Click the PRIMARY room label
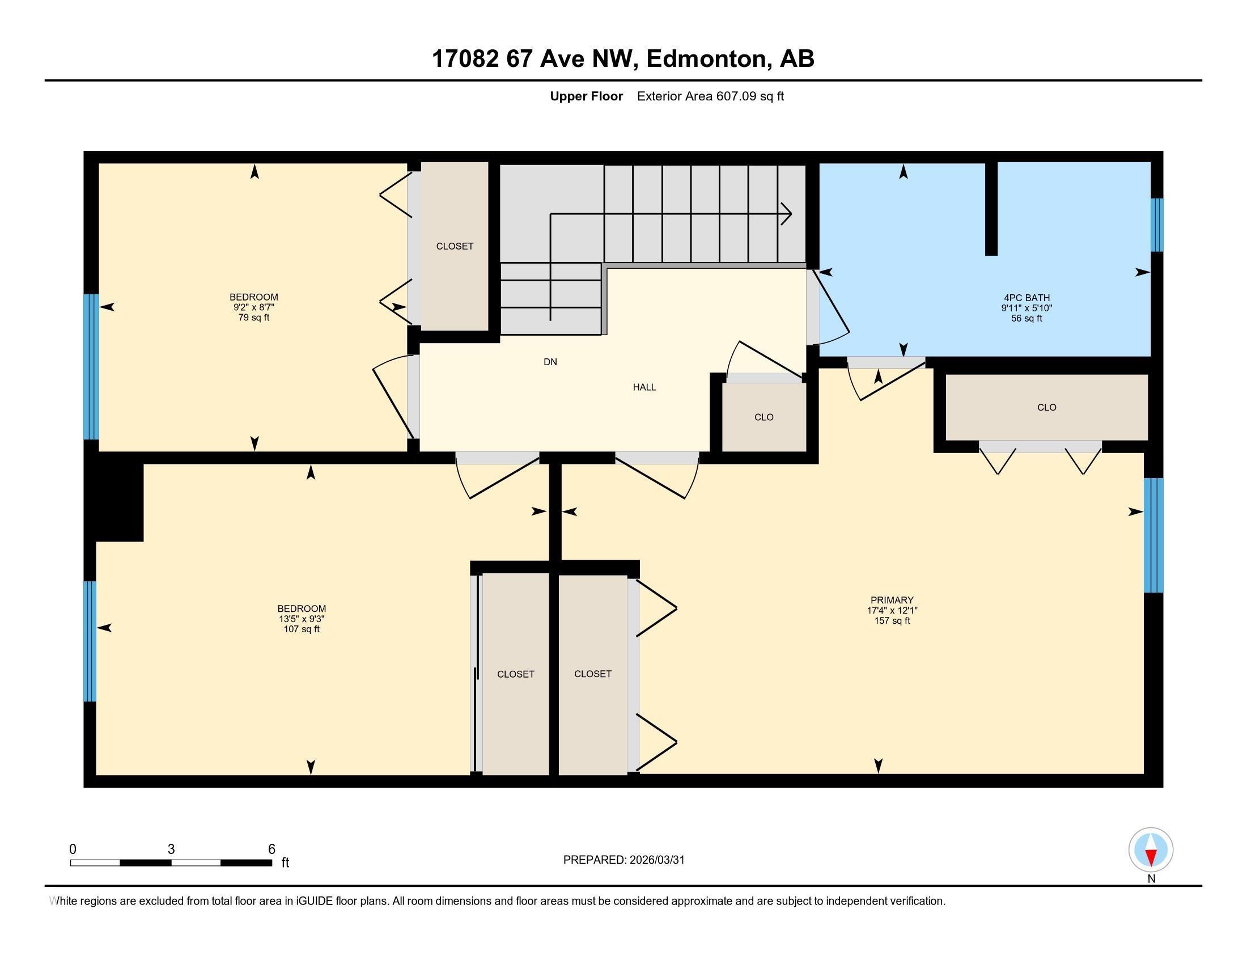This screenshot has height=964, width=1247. [892, 599]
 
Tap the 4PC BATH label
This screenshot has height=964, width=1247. [1027, 298]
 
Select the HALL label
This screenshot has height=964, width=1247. [644, 387]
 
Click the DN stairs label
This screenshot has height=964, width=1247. [550, 362]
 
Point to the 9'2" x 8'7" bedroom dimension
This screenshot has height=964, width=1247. [253, 307]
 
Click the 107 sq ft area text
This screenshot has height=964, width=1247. [302, 629]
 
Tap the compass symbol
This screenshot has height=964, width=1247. [1151, 849]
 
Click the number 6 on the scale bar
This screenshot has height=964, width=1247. [272, 849]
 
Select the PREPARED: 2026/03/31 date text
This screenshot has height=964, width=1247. [623, 860]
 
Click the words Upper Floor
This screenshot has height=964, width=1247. [586, 96]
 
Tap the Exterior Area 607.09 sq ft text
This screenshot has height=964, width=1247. [710, 96]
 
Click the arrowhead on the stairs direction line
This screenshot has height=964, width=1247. [787, 214]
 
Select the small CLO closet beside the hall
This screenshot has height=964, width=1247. [764, 417]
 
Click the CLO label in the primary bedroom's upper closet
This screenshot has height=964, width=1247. [1046, 407]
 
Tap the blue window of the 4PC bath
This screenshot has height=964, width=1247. [1156, 225]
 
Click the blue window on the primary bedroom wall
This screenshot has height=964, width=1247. [1153, 535]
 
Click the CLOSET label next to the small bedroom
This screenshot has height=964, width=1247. [455, 246]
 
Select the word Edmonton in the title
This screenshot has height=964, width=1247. [706, 59]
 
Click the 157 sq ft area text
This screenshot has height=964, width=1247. [892, 621]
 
